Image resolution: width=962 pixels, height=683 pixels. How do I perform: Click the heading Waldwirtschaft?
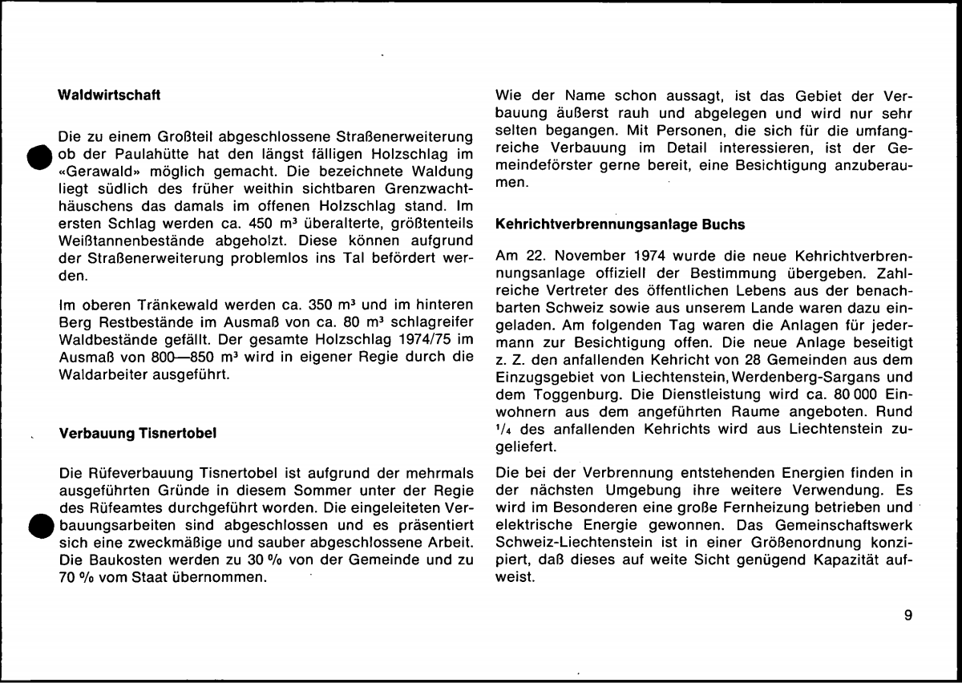click(x=111, y=96)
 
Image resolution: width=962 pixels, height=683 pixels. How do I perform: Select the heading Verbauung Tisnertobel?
click(x=138, y=435)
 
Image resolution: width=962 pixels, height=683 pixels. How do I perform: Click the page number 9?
click(x=908, y=616)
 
